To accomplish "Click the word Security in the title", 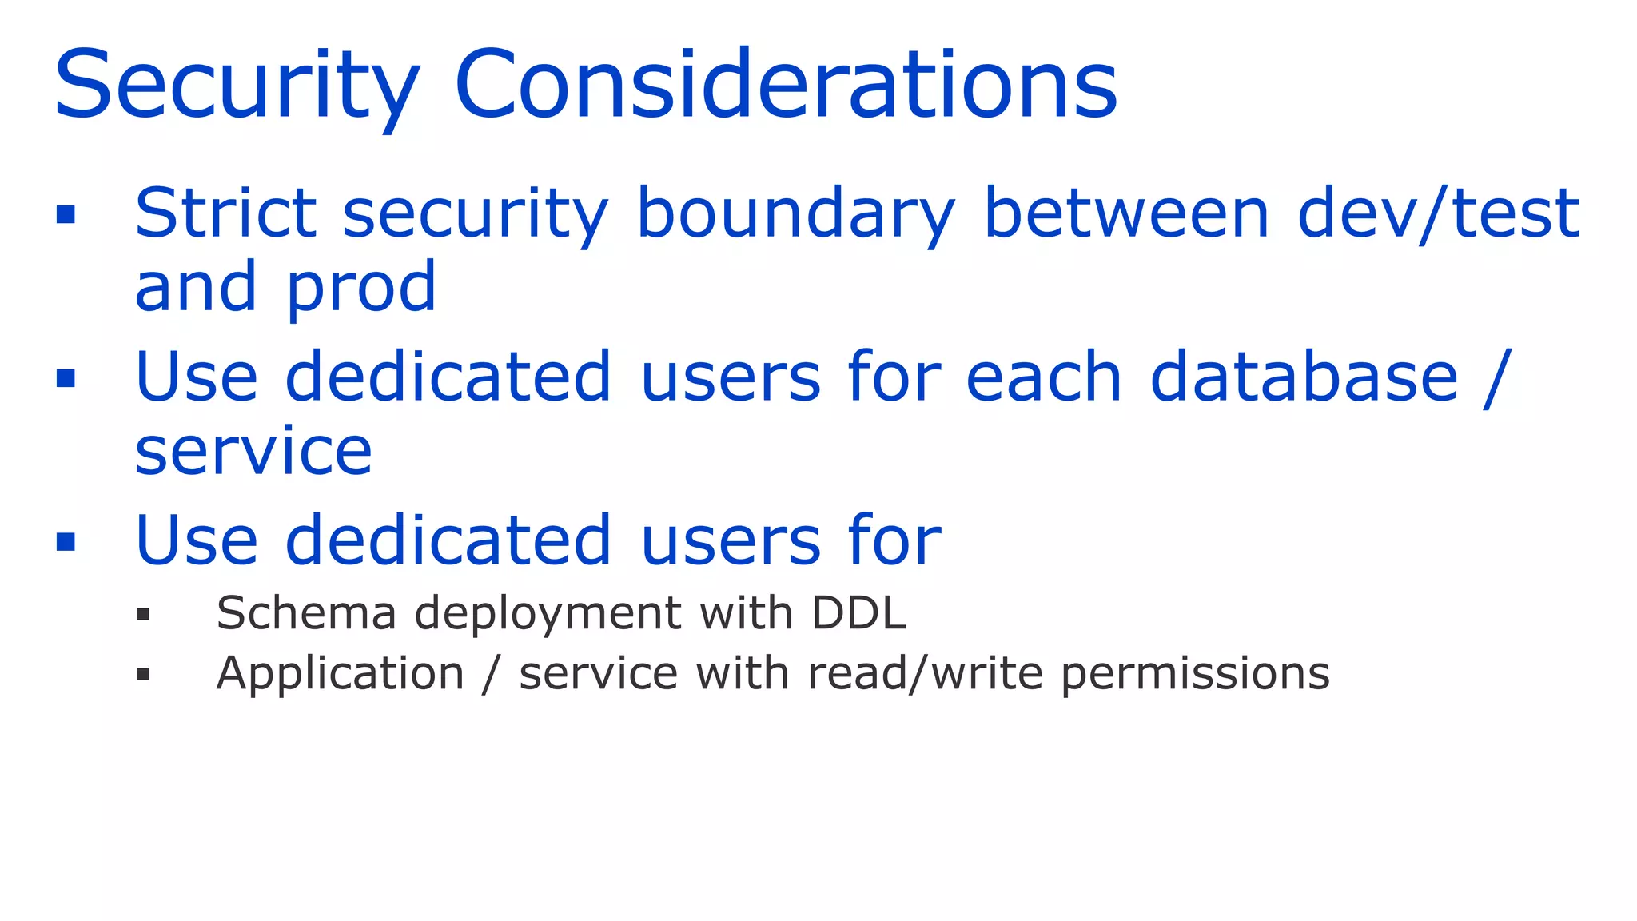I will pos(237,86).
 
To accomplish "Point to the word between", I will pos(1126,213).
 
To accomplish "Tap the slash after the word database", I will pos(1496,378).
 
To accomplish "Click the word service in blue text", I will pos(253,452).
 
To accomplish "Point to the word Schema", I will pos(306,614).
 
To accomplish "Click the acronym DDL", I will pos(858,614).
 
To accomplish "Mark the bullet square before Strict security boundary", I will pos(66,214).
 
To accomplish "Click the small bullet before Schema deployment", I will pos(144,615).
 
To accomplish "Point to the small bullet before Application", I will pos(144,675).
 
